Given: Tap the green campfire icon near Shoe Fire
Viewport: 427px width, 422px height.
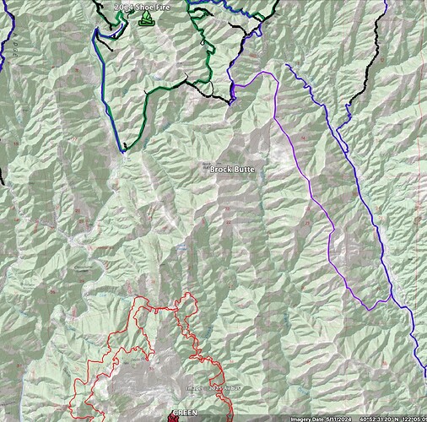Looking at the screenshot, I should coord(145,17).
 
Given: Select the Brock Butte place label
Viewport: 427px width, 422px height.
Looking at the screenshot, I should coord(231,170).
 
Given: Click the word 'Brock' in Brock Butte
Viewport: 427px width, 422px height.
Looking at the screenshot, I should coord(220,170).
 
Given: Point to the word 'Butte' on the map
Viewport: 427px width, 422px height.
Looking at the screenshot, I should coord(244,170).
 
